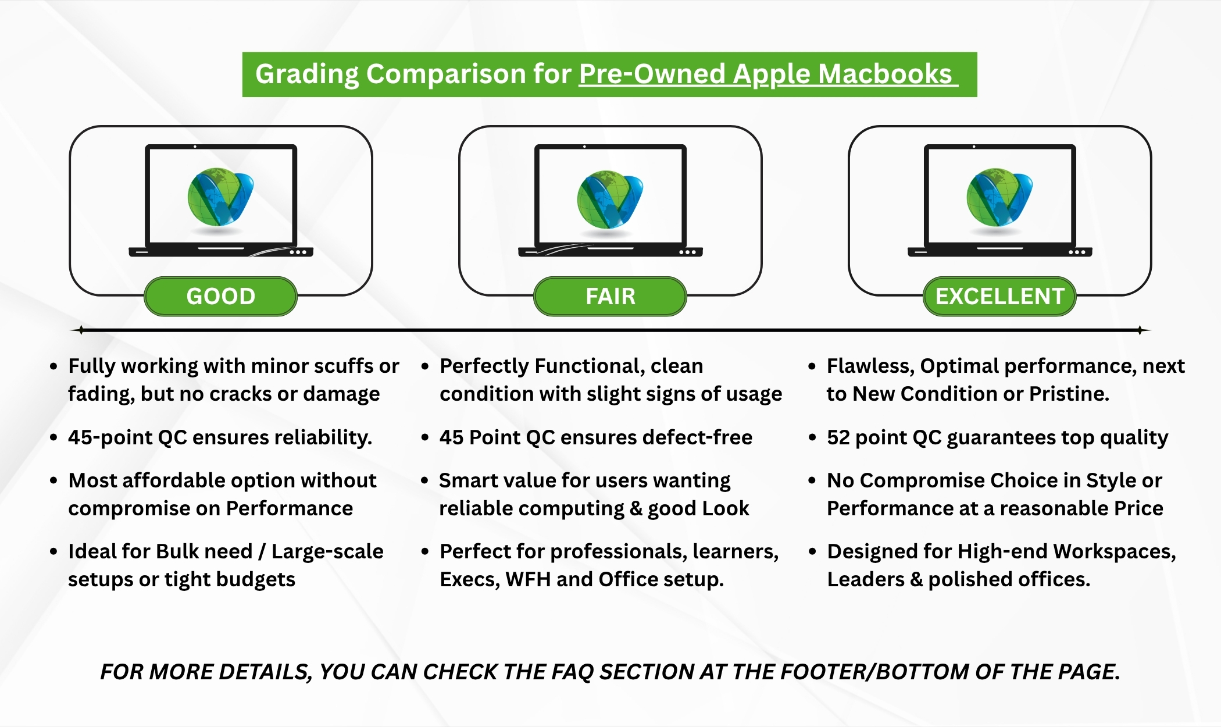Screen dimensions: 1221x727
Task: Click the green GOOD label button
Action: coord(221,297)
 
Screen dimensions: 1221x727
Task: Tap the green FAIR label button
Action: coord(610,297)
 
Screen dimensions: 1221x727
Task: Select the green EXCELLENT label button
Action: coord(1000,297)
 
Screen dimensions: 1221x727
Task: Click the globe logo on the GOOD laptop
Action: coord(220,197)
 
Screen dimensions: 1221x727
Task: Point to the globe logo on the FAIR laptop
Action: coord(610,199)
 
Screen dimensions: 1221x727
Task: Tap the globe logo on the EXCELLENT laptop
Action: coord(999,197)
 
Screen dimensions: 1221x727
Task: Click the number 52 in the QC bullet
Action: coord(838,437)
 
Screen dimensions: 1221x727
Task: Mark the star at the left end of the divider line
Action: coord(80,330)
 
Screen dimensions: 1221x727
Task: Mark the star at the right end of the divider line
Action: coord(1140,330)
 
